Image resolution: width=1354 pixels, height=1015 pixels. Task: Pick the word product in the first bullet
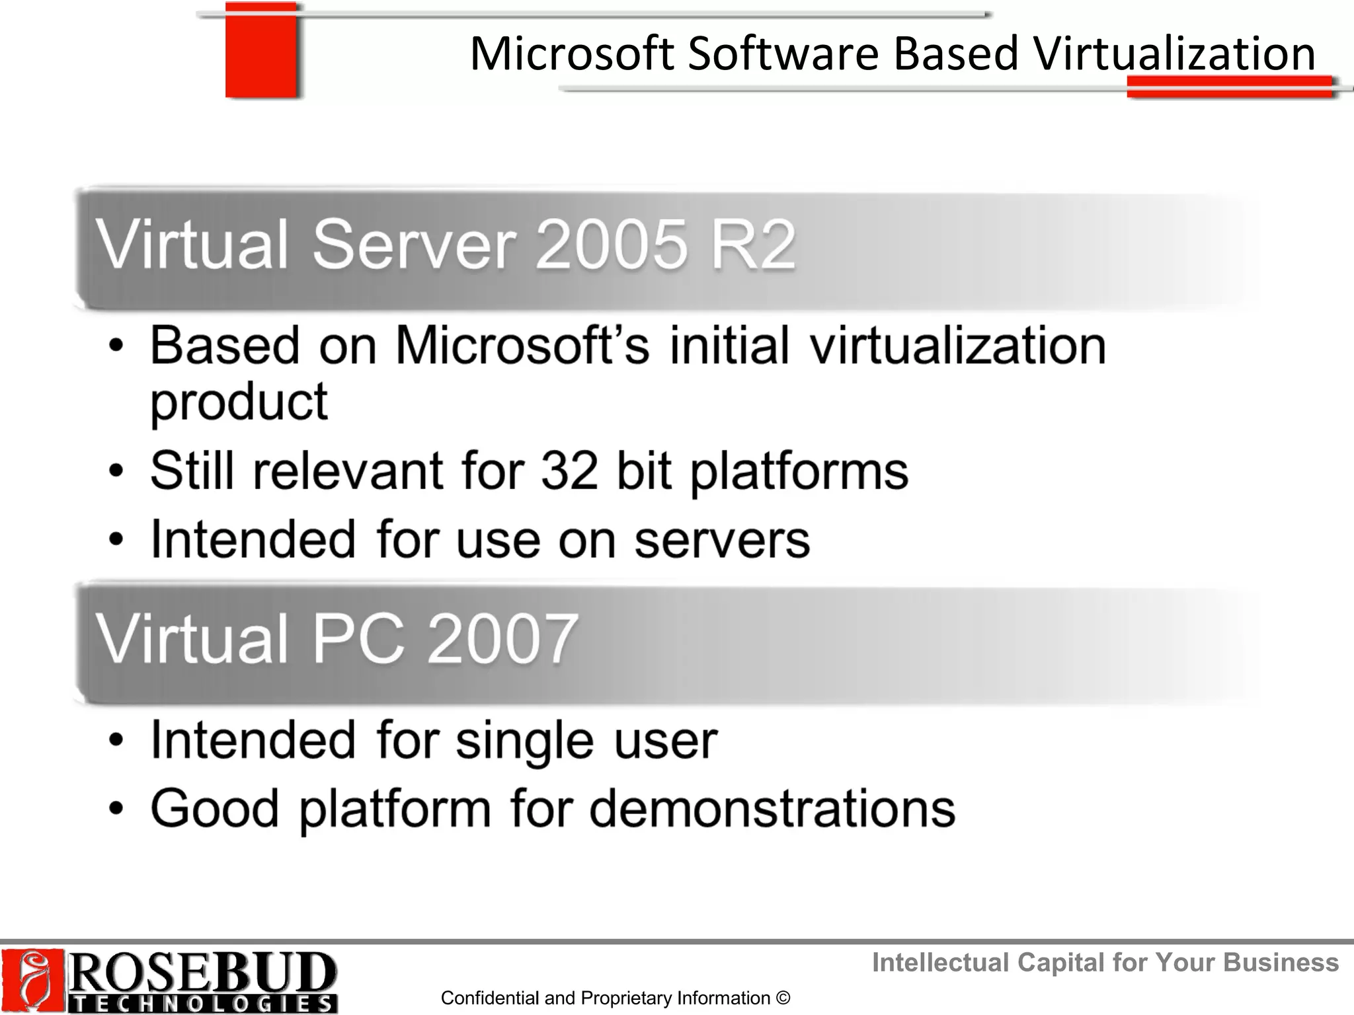(x=239, y=402)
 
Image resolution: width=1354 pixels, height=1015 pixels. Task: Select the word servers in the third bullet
(x=722, y=539)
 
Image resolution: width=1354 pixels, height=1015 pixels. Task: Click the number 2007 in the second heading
(x=502, y=638)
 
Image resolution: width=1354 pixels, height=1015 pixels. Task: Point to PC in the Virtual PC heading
(x=357, y=638)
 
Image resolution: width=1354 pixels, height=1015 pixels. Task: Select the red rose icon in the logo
(x=32, y=981)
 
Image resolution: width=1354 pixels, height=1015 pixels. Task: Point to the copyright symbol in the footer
(x=783, y=998)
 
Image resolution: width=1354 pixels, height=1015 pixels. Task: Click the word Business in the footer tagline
(x=1281, y=962)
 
